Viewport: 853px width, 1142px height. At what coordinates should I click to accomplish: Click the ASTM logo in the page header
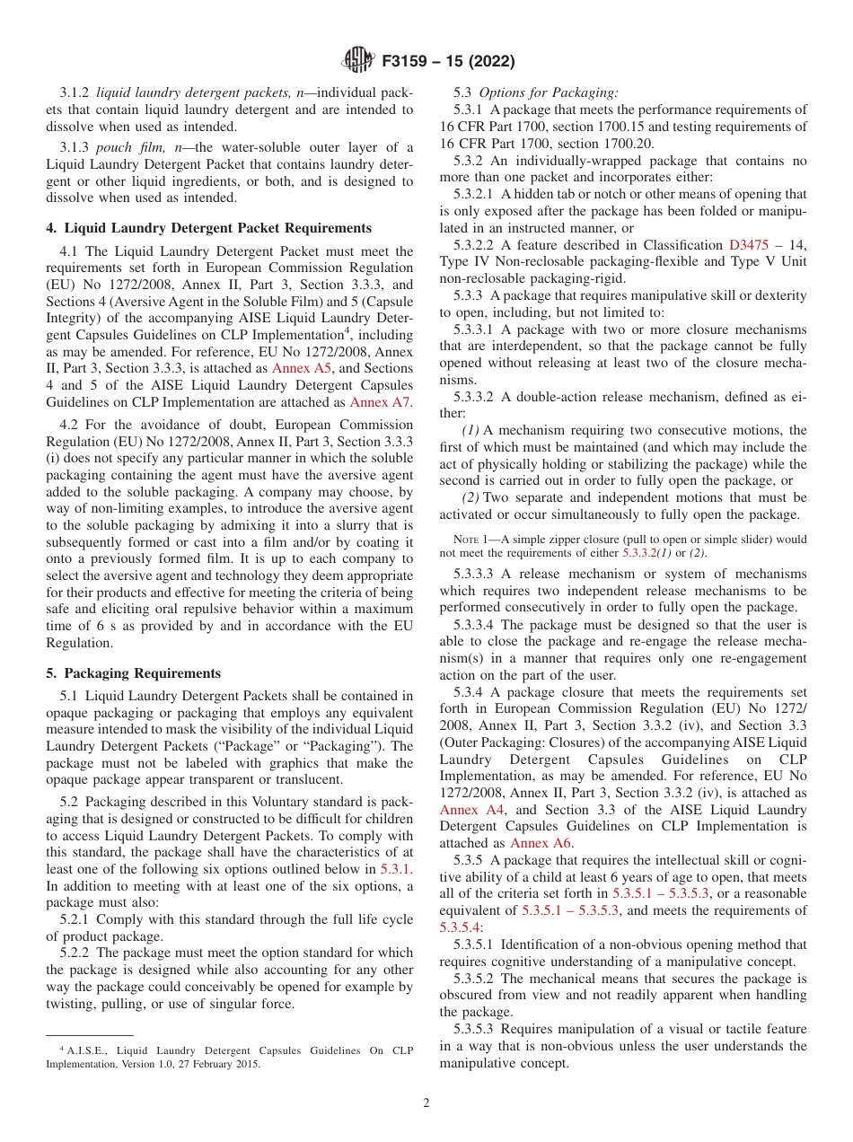[359, 62]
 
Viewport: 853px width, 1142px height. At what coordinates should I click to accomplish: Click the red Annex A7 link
[380, 402]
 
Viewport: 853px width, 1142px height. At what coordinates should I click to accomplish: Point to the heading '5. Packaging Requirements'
[133, 673]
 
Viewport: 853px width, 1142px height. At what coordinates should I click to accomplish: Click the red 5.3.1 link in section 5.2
[393, 869]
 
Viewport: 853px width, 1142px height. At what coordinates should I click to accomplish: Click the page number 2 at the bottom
[426, 1103]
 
